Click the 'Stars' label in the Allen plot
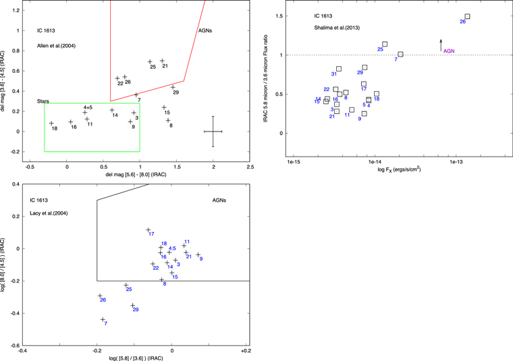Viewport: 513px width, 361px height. click(x=43, y=101)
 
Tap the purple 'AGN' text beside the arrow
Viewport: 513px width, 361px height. click(x=449, y=50)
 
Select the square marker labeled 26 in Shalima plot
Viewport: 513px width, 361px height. click(x=467, y=16)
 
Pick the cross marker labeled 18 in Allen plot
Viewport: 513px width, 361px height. click(x=51, y=123)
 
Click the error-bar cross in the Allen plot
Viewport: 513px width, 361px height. click(x=213, y=131)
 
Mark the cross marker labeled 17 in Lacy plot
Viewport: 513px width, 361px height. click(x=148, y=230)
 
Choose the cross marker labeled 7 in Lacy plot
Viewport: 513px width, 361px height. click(x=103, y=319)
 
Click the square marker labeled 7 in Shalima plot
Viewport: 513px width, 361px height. click(x=400, y=54)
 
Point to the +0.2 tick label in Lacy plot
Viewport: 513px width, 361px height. click(x=246, y=352)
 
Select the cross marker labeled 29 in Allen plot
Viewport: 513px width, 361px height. click(x=173, y=87)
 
